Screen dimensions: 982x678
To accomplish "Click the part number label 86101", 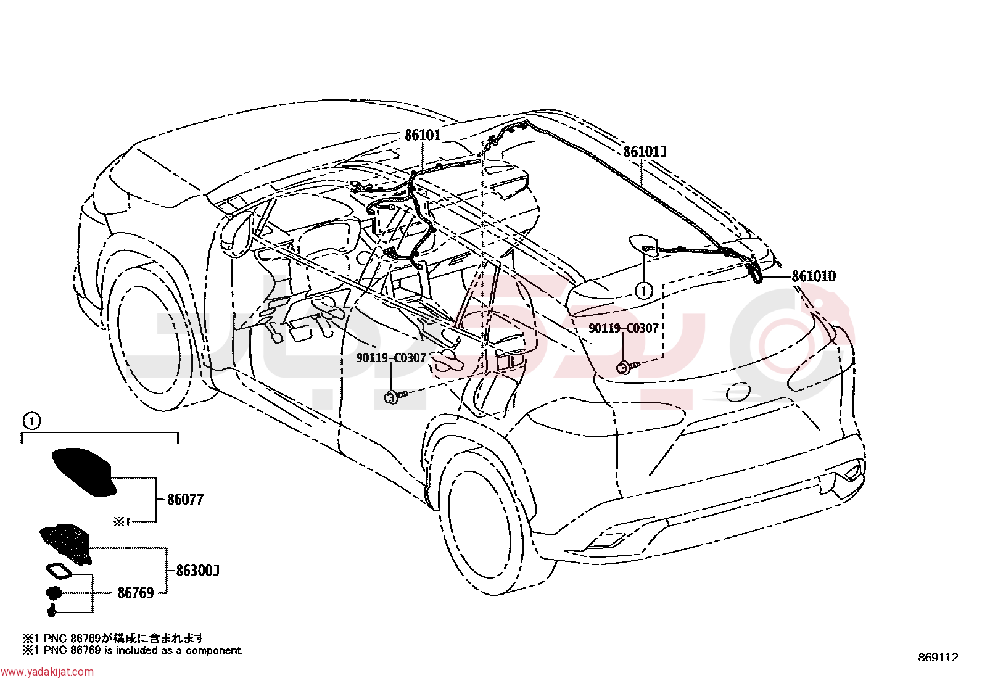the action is point(422,134).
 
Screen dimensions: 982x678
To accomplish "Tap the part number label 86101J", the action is point(645,152).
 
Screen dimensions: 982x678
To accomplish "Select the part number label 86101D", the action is point(814,276).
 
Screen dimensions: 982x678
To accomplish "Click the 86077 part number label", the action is point(186,500).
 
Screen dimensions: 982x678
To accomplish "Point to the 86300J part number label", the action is point(197,571).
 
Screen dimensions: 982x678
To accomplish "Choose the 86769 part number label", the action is point(136,593).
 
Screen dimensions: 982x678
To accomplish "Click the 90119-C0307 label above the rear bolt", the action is point(623,328).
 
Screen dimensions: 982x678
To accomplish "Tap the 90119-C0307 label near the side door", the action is point(391,358).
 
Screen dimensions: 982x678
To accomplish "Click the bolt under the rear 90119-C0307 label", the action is point(626,367).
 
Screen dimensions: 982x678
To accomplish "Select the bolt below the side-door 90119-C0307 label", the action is point(394,397).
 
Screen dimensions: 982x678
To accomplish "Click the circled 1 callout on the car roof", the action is point(643,291).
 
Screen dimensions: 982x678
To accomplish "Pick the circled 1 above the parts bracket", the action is point(33,421).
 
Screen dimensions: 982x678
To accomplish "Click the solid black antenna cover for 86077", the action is point(83,471).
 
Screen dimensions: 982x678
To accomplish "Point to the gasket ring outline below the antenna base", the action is point(60,573).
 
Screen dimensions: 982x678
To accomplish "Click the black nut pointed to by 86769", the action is point(53,593).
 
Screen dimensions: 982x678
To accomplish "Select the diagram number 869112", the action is point(938,658).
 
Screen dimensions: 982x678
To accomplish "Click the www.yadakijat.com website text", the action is point(47,672).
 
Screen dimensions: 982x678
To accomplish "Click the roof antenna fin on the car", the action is point(643,245).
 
